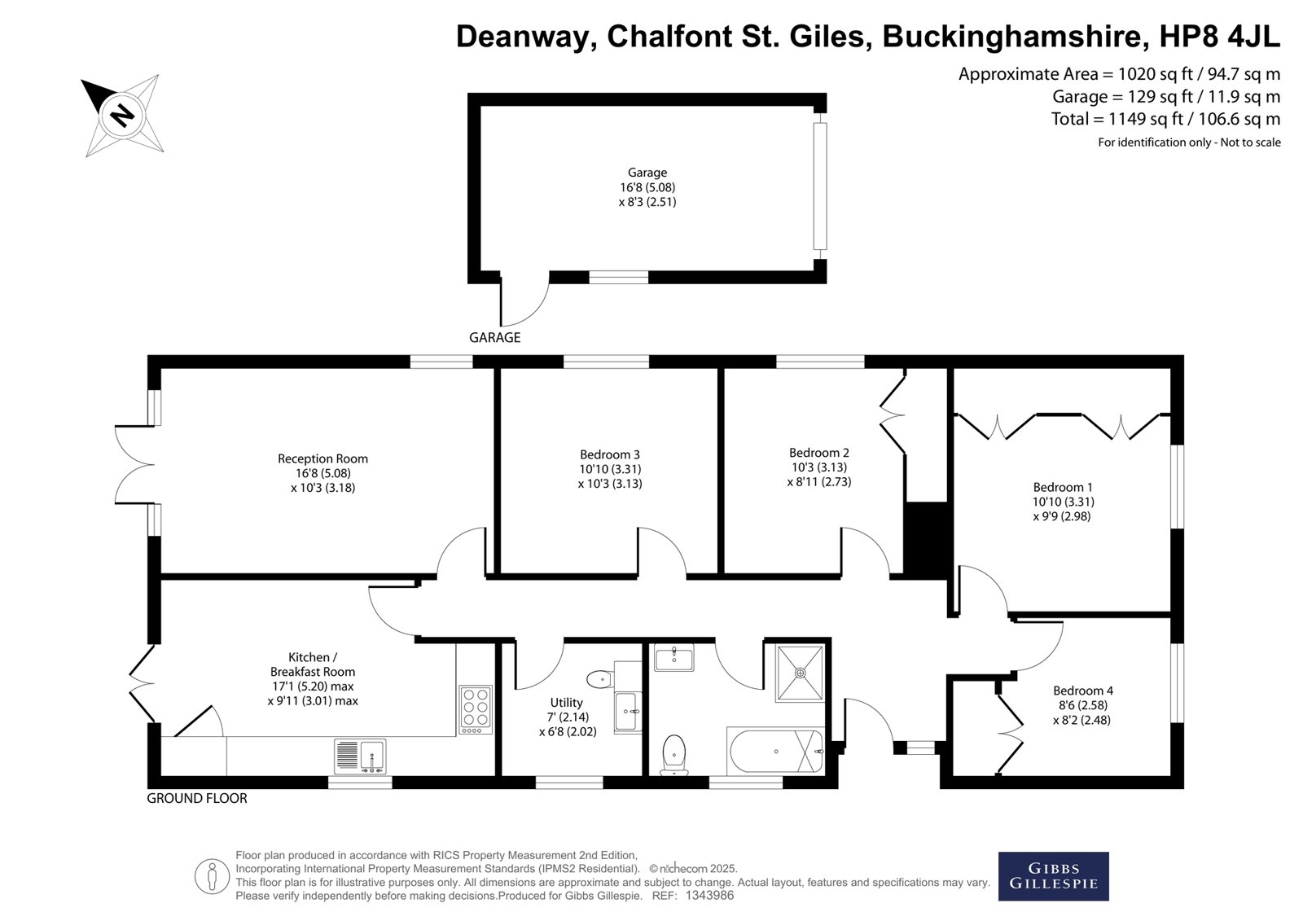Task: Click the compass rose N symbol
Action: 122,115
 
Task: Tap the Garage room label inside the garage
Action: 647,172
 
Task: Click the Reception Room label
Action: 322,458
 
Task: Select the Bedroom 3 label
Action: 610,454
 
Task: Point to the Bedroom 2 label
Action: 819,453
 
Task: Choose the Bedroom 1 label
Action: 1063,487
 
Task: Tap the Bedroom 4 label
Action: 1083,691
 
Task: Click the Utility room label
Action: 566,702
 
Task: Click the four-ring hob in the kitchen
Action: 476,710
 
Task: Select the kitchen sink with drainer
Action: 360,757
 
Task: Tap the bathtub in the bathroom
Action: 776,751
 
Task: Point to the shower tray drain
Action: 801,673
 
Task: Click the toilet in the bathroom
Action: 674,755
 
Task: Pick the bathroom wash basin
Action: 674,657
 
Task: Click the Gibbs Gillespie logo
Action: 1054,876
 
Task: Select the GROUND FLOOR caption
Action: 196,798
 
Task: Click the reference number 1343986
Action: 709,896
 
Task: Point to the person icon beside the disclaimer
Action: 212,876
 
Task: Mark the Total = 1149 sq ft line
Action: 1165,119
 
